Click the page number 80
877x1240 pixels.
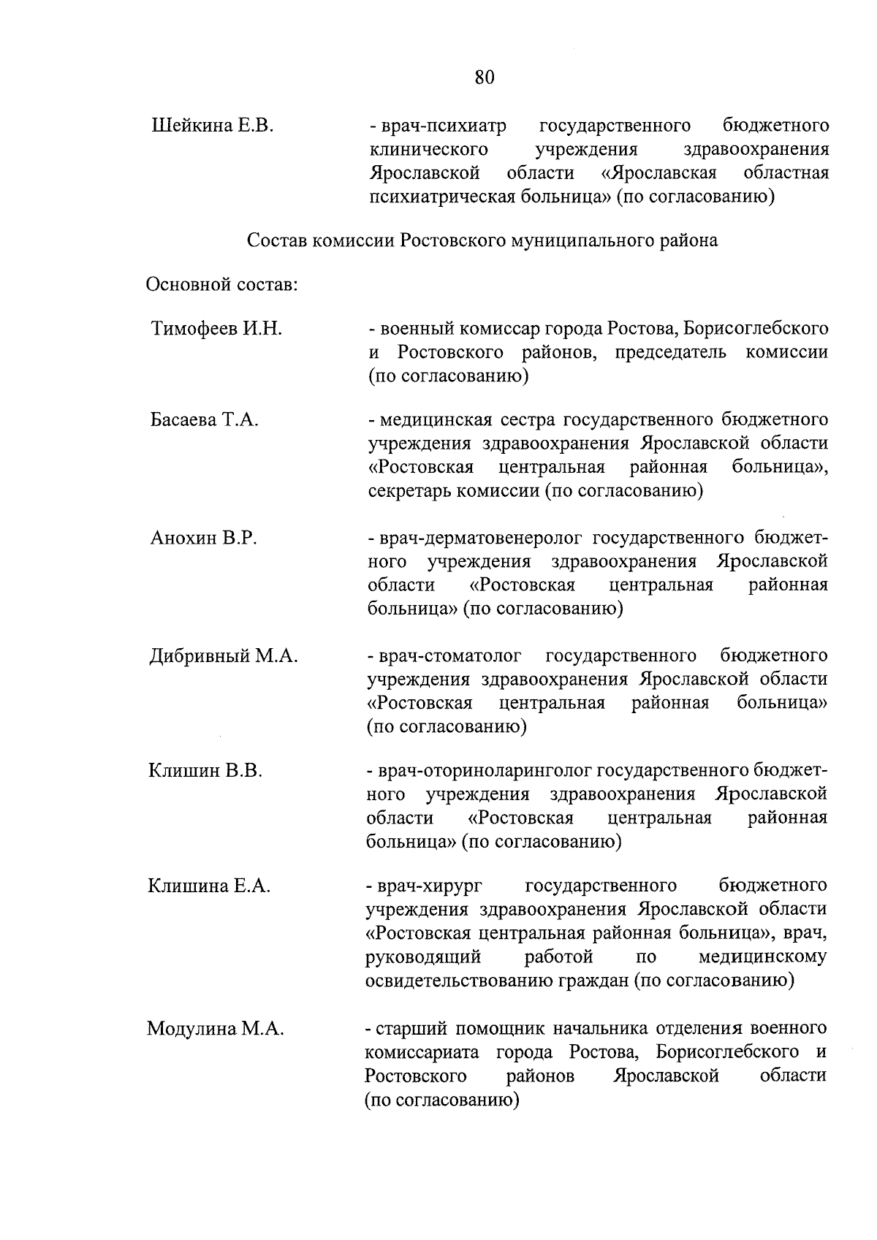[484, 77]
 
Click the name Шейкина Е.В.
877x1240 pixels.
[211, 126]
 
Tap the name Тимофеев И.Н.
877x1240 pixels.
[216, 329]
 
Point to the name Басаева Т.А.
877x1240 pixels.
[205, 420]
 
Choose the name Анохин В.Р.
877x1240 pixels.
[203, 539]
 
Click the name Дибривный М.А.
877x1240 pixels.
[223, 655]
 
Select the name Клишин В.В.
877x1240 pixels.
[205, 770]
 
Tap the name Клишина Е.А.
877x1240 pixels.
[209, 886]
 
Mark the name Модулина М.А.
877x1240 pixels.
[215, 1030]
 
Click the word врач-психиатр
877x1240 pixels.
[443, 126]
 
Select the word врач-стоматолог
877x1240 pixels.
[454, 655]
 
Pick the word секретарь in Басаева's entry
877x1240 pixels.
[409, 491]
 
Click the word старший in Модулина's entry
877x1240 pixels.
[410, 1030]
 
